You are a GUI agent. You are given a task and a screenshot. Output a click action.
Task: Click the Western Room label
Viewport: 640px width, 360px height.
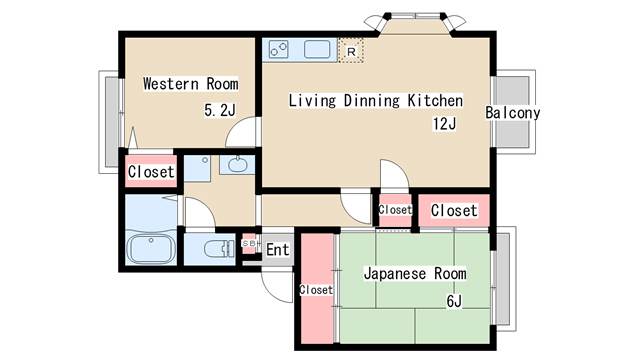pyautogui.click(x=191, y=84)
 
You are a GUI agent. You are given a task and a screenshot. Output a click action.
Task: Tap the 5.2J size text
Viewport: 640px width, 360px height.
pyautogui.click(x=220, y=110)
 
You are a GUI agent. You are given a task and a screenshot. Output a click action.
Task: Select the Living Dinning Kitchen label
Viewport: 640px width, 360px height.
pyautogui.click(x=376, y=101)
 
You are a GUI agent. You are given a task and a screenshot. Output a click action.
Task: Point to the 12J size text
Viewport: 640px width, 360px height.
pyautogui.click(x=444, y=124)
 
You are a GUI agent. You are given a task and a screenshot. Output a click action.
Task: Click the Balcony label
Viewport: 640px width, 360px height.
pyautogui.click(x=513, y=113)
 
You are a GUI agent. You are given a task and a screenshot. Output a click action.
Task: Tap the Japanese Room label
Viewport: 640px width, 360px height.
pyautogui.click(x=415, y=273)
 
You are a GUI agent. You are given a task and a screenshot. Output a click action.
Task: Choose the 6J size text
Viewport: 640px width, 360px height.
pyautogui.click(x=454, y=301)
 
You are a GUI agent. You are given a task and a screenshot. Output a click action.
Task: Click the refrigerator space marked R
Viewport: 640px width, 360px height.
pyautogui.click(x=351, y=51)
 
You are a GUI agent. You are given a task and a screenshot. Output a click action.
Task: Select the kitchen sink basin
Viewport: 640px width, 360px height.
pyautogui.click(x=317, y=50)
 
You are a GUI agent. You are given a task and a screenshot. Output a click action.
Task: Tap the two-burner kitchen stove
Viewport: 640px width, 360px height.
pyautogui.click(x=279, y=50)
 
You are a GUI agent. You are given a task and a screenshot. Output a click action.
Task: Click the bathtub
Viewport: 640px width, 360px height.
pyautogui.click(x=151, y=249)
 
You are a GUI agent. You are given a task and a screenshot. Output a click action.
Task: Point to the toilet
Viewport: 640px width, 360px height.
pyautogui.click(x=218, y=249)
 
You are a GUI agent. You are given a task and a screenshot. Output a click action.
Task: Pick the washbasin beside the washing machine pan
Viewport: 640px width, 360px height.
pyautogui.click(x=238, y=165)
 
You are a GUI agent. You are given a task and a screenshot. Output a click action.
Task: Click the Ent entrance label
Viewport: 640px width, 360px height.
pyautogui.click(x=278, y=249)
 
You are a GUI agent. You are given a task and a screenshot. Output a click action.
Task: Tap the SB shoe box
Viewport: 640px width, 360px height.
pyautogui.click(x=249, y=244)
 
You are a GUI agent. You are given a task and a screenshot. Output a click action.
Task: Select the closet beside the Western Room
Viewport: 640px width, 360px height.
pyautogui.click(x=151, y=171)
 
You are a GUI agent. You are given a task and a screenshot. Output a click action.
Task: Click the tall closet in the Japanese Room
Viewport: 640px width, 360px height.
pyautogui.click(x=317, y=289)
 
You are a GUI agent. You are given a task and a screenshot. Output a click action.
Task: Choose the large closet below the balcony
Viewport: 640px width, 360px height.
pyautogui.click(x=454, y=211)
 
